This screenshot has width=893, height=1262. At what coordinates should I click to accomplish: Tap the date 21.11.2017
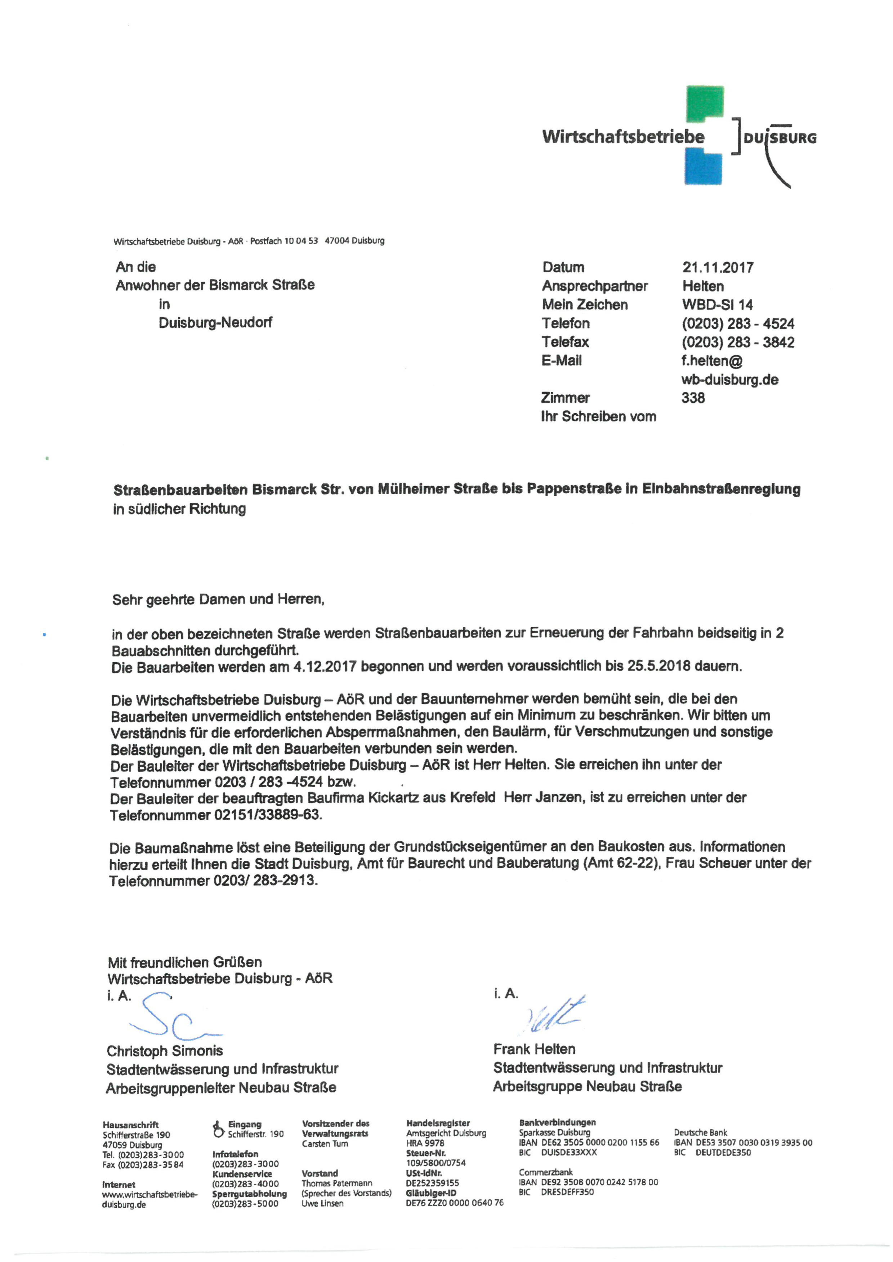(x=718, y=268)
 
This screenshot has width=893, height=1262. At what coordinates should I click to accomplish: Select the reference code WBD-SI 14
(x=717, y=305)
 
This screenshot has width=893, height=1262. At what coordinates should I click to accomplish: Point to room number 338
(x=693, y=398)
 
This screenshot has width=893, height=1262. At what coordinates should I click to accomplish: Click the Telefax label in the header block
(x=565, y=342)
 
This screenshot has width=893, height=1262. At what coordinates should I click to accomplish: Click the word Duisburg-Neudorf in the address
(x=215, y=323)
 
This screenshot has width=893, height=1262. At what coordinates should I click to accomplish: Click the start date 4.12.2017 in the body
(x=325, y=667)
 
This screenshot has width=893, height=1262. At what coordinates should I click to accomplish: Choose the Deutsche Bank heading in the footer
(x=700, y=1132)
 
